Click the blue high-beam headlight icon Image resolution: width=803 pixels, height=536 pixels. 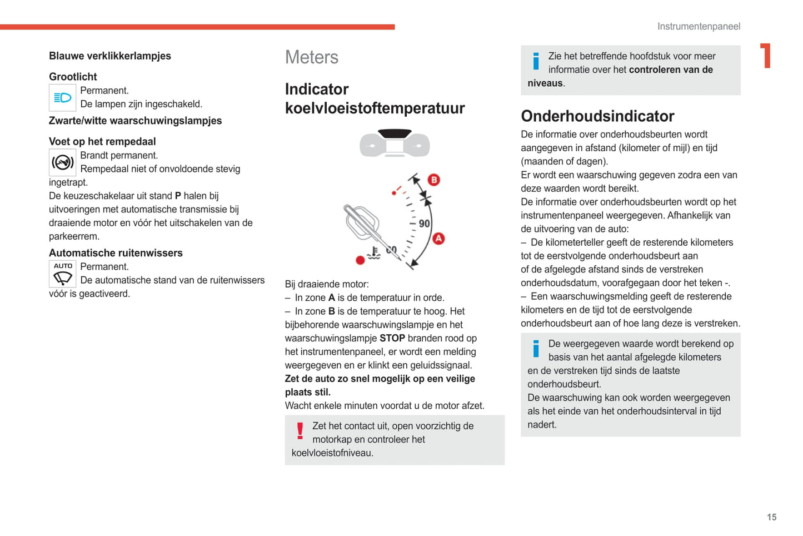coord(62,98)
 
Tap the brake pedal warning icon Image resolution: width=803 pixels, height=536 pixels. coord(62,162)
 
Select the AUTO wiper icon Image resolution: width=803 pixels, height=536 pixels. coord(62,274)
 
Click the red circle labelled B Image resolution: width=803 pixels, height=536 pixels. coord(434,180)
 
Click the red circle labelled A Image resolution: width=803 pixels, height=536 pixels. coord(438,239)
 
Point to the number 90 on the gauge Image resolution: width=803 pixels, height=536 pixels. coord(424,224)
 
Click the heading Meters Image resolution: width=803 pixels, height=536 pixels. coord(311,57)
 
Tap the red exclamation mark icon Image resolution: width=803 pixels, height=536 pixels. coord(300,431)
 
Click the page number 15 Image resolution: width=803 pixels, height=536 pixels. coord(771,517)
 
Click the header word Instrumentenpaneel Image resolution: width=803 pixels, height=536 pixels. coord(699,26)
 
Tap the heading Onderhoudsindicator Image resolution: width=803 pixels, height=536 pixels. coord(597,116)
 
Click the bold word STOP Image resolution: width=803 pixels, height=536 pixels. coord(392,338)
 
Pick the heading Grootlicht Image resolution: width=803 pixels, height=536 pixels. coord(73,77)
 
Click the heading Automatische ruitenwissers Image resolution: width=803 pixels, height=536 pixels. coord(116,253)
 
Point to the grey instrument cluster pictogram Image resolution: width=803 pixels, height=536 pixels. coord(395,143)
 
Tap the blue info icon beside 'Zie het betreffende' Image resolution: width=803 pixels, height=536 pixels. coord(536,61)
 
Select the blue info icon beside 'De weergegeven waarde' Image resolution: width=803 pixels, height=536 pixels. coord(536,349)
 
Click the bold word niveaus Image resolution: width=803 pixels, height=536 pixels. coord(545,83)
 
